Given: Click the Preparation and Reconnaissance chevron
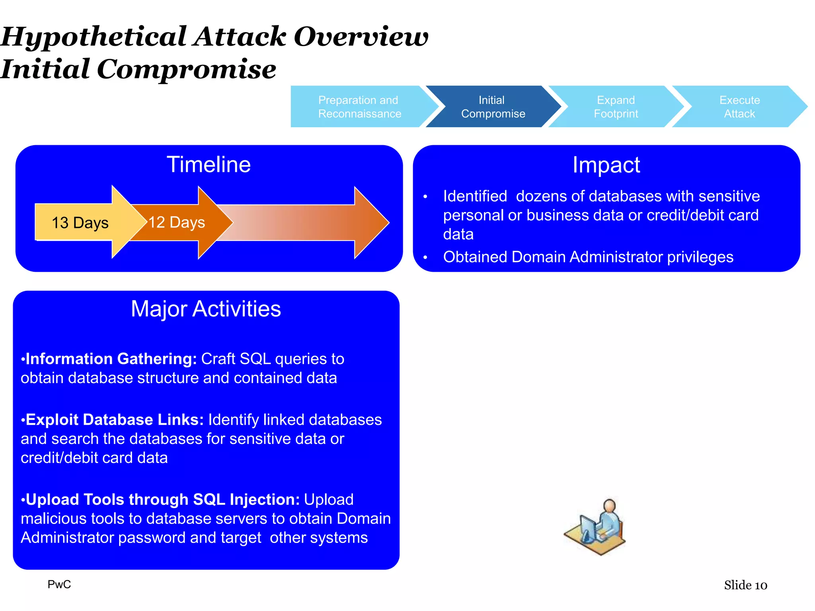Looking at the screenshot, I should pyautogui.click(x=359, y=107).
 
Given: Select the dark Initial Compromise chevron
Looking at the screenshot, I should pyautogui.click(x=493, y=107).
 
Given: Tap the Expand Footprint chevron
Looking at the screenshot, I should pyautogui.click(x=616, y=107).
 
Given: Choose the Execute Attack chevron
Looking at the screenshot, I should pyautogui.click(x=739, y=107).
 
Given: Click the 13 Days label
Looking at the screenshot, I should pyautogui.click(x=80, y=223).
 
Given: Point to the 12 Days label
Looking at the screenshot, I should pyautogui.click(x=177, y=222).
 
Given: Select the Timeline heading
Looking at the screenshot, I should pyautogui.click(x=209, y=165).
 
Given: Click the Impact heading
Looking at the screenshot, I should pyautogui.click(x=606, y=165).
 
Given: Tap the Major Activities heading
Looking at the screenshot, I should pyautogui.click(x=206, y=309).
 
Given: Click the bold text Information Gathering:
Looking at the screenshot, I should pyautogui.click(x=111, y=359).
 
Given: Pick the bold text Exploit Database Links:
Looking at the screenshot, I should pyautogui.click(x=115, y=420).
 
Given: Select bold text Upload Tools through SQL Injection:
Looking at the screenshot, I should pyautogui.click(x=162, y=500).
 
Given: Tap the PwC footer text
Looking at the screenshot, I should pyautogui.click(x=59, y=584).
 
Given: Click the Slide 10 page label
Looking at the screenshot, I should pyautogui.click(x=745, y=585).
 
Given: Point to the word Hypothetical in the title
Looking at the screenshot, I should pyautogui.click(x=94, y=37).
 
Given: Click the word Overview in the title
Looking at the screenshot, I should pyautogui.click(x=361, y=37).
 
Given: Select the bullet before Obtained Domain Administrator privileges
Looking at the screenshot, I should pyautogui.click(x=425, y=258).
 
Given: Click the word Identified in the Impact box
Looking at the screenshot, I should pyautogui.click(x=475, y=197).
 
